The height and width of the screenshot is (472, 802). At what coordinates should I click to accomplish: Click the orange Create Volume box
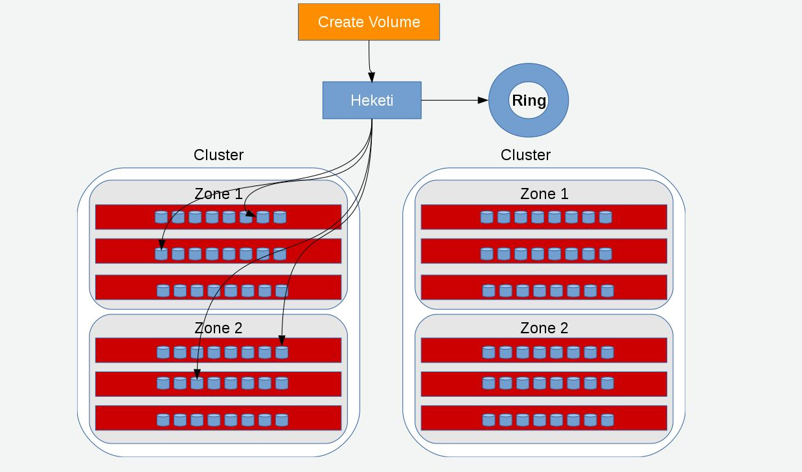[369, 22]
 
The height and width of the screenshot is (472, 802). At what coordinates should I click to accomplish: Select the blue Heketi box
[372, 100]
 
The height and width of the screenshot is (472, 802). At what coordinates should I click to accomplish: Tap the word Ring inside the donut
[529, 100]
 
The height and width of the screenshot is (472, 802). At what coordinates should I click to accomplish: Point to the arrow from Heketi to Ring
[453, 100]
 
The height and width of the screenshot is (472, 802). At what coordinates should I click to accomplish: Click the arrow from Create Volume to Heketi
[370, 62]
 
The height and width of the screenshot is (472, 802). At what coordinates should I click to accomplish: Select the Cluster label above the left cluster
[218, 155]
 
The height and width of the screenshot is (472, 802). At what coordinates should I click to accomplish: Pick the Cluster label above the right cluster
[525, 155]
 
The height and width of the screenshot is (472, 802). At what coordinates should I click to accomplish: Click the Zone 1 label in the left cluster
[218, 194]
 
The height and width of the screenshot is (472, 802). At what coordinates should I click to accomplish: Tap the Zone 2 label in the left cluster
[218, 328]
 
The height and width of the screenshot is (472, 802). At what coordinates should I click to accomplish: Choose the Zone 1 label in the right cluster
[544, 194]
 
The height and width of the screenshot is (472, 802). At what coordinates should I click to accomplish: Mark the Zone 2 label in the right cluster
[544, 328]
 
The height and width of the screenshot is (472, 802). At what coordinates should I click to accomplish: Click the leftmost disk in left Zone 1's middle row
[161, 254]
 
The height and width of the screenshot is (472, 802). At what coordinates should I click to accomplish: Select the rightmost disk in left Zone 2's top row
[281, 352]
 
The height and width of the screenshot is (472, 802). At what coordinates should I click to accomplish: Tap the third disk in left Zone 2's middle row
[197, 383]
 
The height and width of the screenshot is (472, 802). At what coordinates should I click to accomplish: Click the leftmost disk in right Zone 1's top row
[487, 217]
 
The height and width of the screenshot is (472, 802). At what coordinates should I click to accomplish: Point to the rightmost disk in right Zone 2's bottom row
[607, 420]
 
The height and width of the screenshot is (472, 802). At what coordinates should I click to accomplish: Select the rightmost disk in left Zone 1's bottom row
[281, 291]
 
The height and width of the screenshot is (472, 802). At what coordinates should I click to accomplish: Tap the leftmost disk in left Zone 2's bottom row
[163, 420]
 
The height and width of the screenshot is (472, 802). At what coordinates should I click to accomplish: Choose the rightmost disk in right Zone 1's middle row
[605, 254]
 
